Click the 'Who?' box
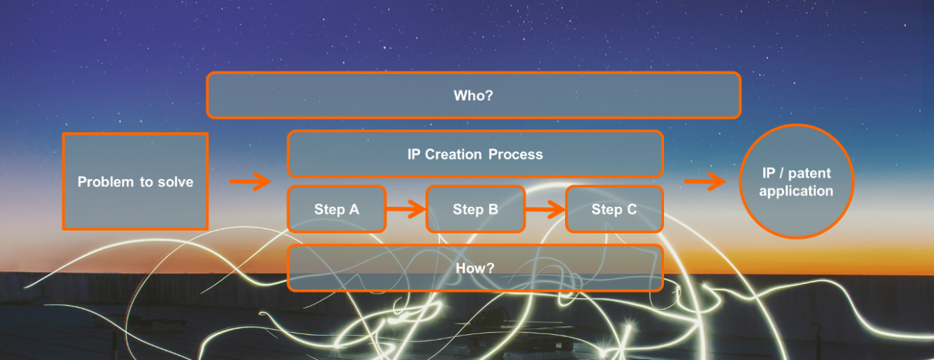(x=473, y=96)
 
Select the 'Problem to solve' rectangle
(x=135, y=181)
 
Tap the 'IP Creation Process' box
(x=475, y=154)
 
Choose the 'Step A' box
(x=336, y=209)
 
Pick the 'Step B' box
(x=475, y=209)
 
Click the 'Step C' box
(x=614, y=209)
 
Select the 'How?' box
(x=475, y=268)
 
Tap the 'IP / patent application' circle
(x=796, y=182)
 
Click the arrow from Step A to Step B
(x=406, y=209)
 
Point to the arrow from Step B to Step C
(x=545, y=209)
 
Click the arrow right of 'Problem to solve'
(x=250, y=181)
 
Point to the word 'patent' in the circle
(x=810, y=174)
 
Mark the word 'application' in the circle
(x=796, y=191)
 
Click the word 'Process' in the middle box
(x=518, y=154)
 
